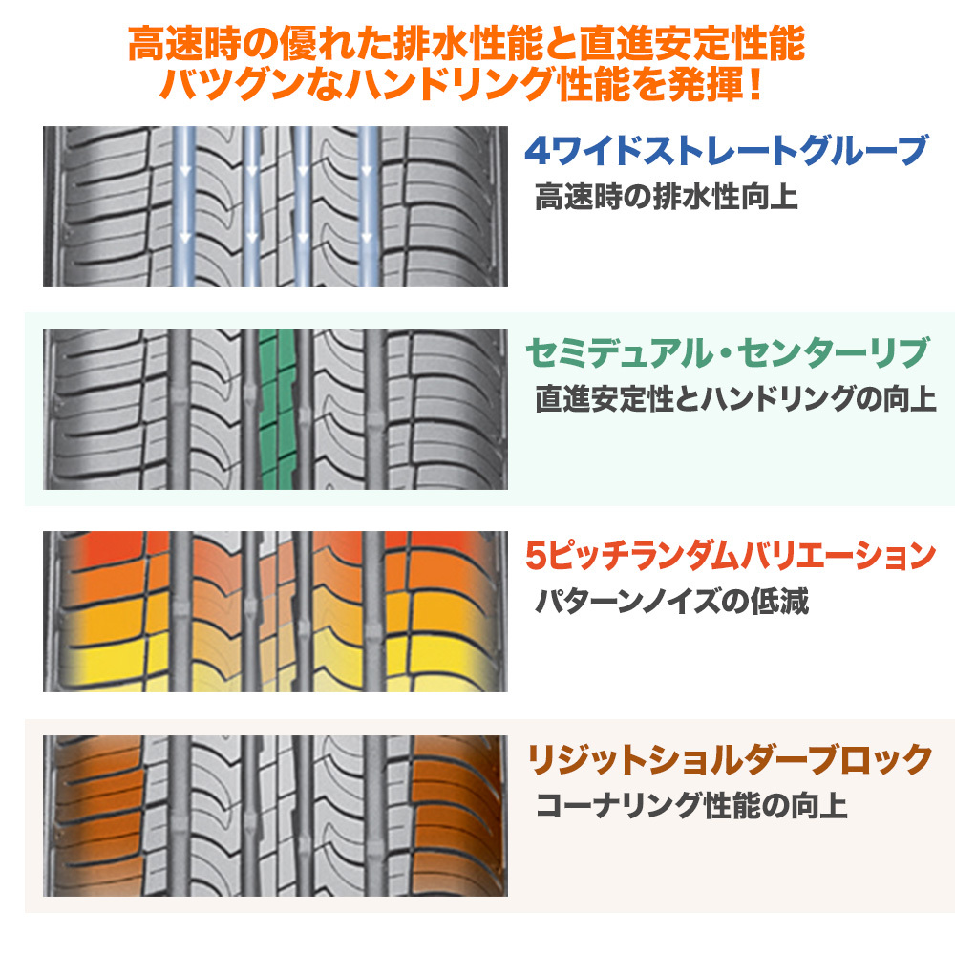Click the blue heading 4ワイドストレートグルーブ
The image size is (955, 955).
(726, 151)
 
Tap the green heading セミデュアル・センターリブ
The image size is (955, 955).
(727, 352)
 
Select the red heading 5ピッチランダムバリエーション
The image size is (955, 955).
(731, 556)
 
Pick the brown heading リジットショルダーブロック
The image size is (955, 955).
(729, 759)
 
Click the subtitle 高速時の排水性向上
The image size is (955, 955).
(667, 197)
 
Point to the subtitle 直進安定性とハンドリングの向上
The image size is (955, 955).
(735, 399)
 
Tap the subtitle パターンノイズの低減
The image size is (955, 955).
(671, 602)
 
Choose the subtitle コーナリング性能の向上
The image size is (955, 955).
(691, 805)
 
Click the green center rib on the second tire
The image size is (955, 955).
(277, 409)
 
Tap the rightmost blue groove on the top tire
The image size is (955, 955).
(369, 206)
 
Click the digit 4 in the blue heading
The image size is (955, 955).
(537, 151)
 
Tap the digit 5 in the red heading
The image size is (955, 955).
(537, 556)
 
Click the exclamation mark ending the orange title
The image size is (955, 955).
(755, 84)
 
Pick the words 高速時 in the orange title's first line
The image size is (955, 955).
(184, 44)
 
